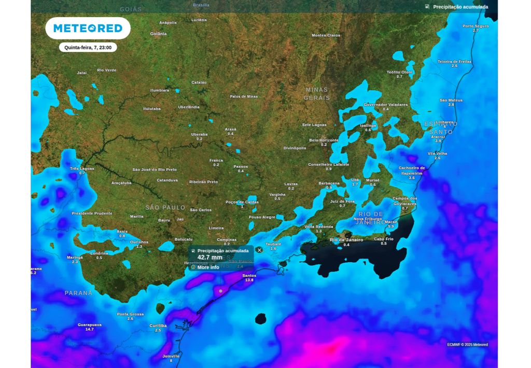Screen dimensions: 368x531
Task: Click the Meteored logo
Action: [88, 28]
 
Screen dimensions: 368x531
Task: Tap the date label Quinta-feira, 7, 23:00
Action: [88, 47]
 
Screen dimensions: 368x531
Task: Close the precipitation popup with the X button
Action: [259, 250]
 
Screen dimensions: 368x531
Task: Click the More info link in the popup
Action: [208, 267]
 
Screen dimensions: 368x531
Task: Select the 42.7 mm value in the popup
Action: [210, 258]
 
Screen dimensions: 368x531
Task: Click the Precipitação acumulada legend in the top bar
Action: [460, 7]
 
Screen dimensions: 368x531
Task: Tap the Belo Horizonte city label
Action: [324, 140]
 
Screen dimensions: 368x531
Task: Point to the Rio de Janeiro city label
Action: [346, 240]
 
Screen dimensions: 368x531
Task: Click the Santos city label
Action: [249, 275]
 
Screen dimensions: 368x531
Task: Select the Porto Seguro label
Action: [476, 26]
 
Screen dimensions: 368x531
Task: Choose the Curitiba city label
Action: [158, 325]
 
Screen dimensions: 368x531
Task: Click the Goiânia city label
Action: [158, 34]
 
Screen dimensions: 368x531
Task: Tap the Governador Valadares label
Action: [385, 105]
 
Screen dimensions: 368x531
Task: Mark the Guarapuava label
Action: [90, 324]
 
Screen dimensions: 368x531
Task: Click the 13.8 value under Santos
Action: [249, 280]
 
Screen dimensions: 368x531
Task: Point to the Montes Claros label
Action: [326, 35]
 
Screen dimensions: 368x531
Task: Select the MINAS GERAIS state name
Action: [316, 93]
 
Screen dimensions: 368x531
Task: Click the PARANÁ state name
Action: [78, 293]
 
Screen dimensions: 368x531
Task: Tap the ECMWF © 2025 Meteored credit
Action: [467, 345]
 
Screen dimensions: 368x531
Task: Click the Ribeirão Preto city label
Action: [203, 182]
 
